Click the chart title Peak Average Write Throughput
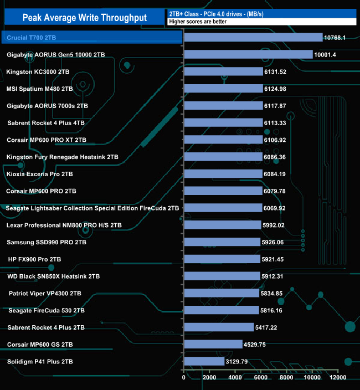pyautogui.click(x=84, y=18)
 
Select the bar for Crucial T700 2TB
pyautogui.click(x=253, y=37)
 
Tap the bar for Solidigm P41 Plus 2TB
pyautogui.click(x=204, y=361)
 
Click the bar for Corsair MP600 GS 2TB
pyautogui.click(x=213, y=344)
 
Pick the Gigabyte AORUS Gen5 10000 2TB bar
pyautogui.click(x=248, y=54)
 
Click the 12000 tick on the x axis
pyautogui.click(x=338, y=378)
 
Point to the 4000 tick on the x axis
pyautogui.click(x=235, y=378)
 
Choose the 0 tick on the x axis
pyautogui.click(x=184, y=378)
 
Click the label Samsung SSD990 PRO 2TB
pyautogui.click(x=46, y=242)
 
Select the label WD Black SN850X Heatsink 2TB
pyautogui.click(x=53, y=276)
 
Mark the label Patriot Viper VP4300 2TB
pyautogui.click(x=45, y=293)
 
